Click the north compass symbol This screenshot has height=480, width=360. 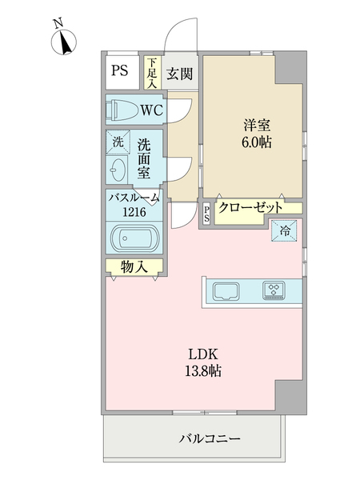coord(63,42)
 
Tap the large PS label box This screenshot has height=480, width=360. coord(120,70)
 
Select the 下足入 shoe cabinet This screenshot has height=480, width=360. coord(151,72)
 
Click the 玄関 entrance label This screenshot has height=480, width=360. coord(179,74)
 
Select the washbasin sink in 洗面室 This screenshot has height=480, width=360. coord(118,170)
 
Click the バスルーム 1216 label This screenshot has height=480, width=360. coord(134,206)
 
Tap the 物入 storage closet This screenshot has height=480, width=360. coord(134,267)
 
